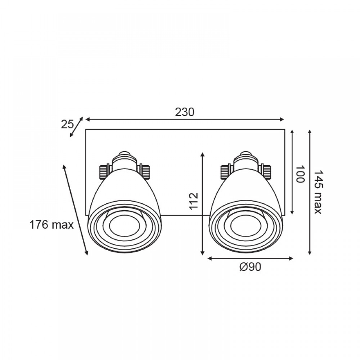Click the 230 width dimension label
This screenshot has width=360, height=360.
pos(185,112)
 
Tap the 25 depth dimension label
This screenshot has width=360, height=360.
pos(67,124)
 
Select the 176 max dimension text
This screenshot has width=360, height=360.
pos(51,225)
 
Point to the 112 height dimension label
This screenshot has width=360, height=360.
pos(194,201)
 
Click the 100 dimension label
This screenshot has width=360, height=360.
pos(300,174)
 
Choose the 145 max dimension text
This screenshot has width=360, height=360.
pos(318,192)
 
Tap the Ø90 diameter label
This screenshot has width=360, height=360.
pos(250,267)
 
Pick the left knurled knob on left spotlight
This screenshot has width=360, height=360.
pos(104,171)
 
